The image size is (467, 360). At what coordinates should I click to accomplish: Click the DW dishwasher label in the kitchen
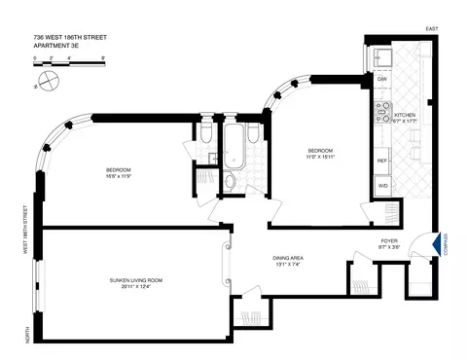pos(382,79)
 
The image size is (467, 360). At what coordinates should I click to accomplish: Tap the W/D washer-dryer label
pos(383,185)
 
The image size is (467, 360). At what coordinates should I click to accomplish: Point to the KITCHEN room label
pos(406,115)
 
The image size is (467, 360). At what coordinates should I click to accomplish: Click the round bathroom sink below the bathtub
pos(230,186)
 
